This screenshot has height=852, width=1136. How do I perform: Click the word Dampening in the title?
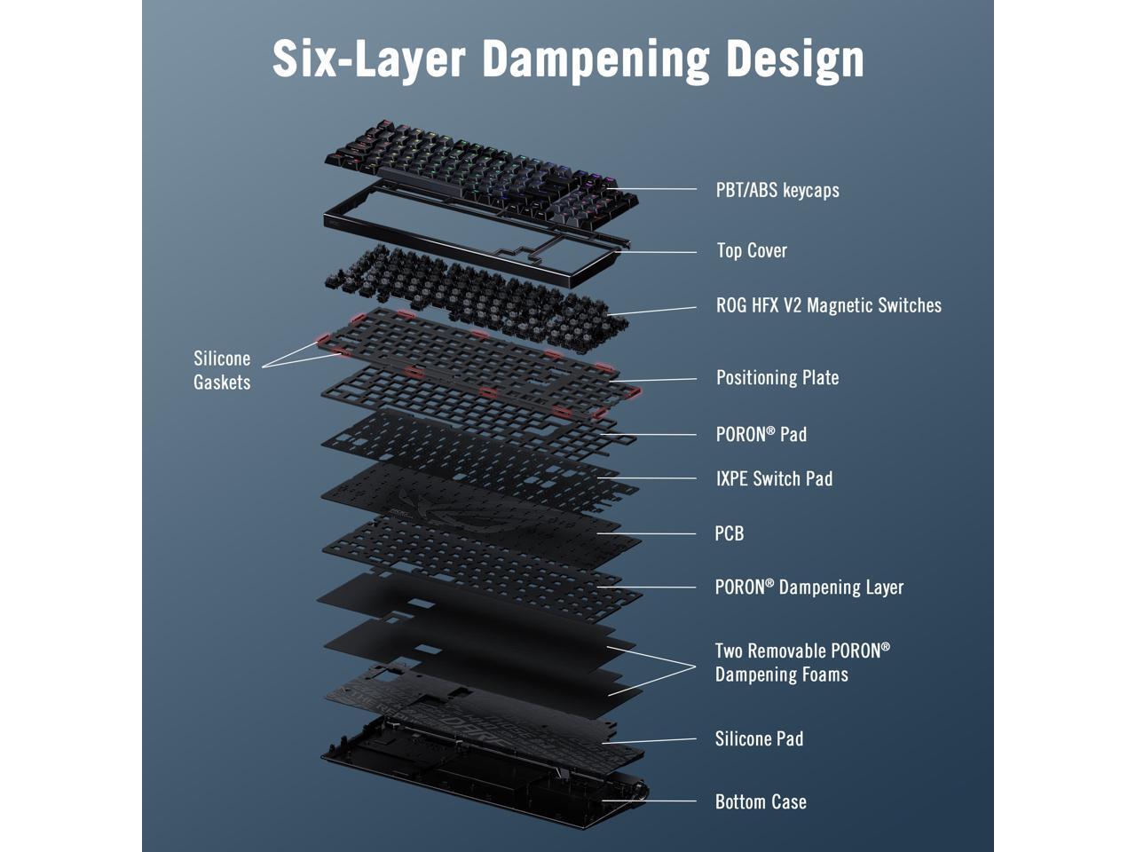(x=596, y=59)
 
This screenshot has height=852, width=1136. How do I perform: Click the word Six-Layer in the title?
(x=368, y=59)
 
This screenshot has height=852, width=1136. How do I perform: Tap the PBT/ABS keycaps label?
(x=777, y=190)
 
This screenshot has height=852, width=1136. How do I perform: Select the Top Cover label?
(x=752, y=250)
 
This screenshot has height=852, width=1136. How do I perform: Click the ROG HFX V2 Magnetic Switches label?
(x=828, y=305)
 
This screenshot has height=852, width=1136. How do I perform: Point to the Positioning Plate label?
(x=777, y=377)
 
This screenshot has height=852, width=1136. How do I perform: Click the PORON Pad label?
(x=761, y=434)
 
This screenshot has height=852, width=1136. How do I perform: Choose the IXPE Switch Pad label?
(x=774, y=478)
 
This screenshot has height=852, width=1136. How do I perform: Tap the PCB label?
(x=729, y=533)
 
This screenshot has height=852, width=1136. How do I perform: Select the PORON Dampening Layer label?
(x=809, y=587)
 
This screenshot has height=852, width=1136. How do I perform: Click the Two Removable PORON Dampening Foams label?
(x=801, y=662)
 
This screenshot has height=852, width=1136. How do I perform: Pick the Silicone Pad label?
(x=759, y=738)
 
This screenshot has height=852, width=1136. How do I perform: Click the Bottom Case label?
(x=761, y=801)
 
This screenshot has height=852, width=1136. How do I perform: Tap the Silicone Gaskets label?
(x=222, y=370)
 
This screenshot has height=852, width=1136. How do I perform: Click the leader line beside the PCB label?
(x=657, y=533)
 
